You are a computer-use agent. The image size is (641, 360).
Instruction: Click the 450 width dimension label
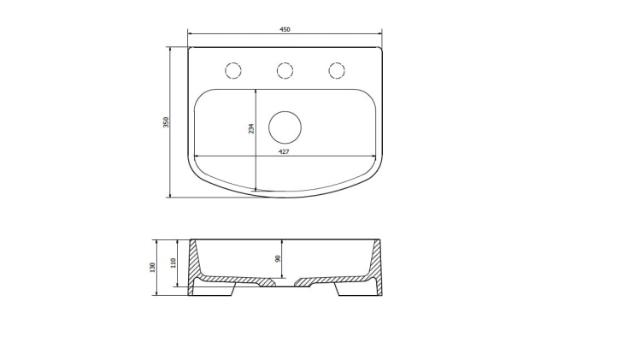(285, 29)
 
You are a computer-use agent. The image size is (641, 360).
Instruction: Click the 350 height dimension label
(166, 122)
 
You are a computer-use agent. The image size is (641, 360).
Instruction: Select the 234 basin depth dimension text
(251, 128)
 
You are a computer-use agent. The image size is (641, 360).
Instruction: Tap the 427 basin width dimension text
(284, 151)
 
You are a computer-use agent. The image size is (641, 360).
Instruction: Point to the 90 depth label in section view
(278, 258)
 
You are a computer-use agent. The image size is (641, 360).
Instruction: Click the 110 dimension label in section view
(173, 263)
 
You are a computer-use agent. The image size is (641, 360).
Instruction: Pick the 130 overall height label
(152, 268)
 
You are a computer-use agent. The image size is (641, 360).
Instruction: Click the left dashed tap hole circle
(233, 70)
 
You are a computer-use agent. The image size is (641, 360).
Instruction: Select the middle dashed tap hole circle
(285, 70)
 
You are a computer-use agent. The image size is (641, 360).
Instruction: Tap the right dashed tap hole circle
(337, 70)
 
